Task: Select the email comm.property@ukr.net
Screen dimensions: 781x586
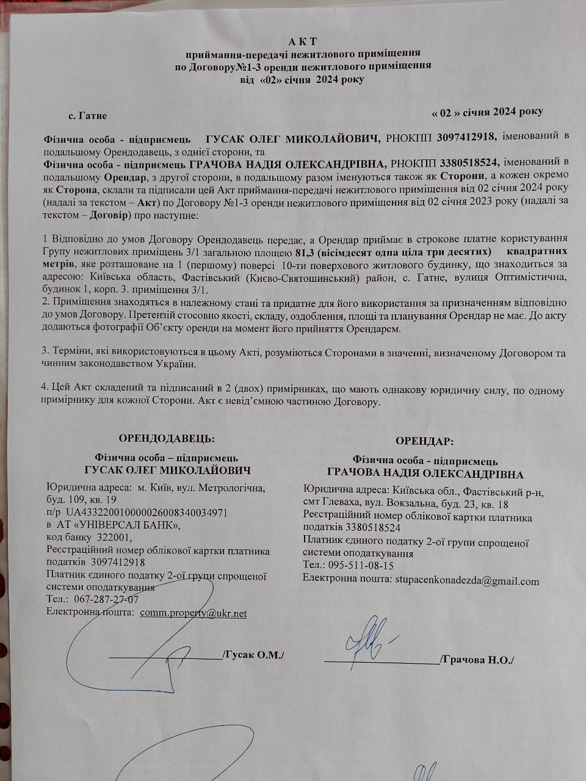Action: click(193, 613)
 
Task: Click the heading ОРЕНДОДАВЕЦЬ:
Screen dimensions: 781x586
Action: click(167, 438)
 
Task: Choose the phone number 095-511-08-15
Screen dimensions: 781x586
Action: click(361, 566)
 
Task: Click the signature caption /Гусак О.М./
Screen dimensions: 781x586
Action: click(254, 655)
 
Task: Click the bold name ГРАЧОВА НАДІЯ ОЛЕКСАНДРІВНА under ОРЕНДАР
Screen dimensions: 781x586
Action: click(425, 473)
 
